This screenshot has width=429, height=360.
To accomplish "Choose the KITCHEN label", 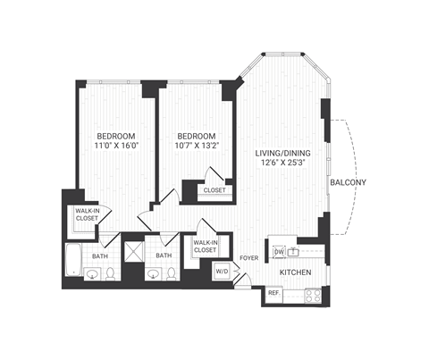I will [295, 272].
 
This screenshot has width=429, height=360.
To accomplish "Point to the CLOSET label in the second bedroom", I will [214, 190].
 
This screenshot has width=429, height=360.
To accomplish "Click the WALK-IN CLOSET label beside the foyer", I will [206, 247].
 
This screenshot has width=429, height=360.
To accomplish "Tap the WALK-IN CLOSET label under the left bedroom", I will [87, 214].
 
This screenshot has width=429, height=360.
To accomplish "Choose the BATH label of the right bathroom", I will [164, 256].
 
